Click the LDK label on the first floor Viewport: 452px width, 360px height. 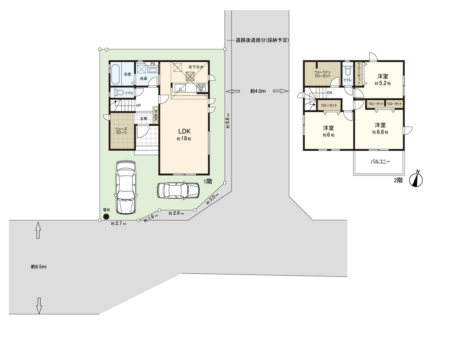[x=184, y=131]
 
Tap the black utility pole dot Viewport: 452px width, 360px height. [x=106, y=216]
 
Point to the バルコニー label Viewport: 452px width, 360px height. [x=380, y=162]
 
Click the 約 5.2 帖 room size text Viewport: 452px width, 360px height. [x=383, y=83]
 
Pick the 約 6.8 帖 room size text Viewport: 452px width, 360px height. [x=380, y=132]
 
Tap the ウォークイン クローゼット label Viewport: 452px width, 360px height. [x=323, y=74]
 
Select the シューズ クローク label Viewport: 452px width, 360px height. [x=121, y=131]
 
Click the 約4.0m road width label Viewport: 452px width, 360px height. [x=258, y=91]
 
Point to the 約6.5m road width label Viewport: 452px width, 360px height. [x=39, y=267]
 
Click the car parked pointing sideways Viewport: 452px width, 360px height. [x=178, y=190]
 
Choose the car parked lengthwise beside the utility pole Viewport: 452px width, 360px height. [x=126, y=188]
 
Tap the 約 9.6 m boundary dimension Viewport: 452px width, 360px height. [x=228, y=121]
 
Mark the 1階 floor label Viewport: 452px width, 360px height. [x=208, y=181]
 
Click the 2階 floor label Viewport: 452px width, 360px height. [x=398, y=180]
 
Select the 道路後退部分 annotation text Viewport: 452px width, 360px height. [x=262, y=40]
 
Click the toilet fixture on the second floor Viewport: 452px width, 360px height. [x=348, y=71]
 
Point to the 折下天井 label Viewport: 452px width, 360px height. [x=196, y=67]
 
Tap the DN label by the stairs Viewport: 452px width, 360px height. [x=330, y=93]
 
